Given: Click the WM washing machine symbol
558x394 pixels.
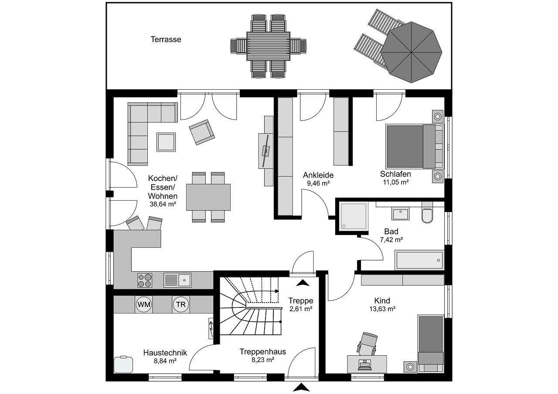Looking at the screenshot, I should click(143, 305).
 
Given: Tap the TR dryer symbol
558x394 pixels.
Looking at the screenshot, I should click(180, 305).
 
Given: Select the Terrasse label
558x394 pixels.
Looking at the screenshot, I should click(166, 40).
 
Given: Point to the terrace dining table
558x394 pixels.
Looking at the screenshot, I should click(268, 46).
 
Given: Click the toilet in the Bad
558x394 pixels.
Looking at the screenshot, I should click(427, 215).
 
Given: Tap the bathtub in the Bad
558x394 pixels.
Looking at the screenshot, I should click(419, 260).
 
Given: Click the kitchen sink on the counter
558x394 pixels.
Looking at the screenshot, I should click(177, 280).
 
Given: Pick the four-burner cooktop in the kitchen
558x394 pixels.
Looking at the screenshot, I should click(145, 280).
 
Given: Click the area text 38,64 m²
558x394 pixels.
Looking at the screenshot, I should click(163, 204).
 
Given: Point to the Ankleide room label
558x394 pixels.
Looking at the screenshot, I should click(318, 175).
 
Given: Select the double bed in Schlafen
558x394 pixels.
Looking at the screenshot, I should click(414, 146).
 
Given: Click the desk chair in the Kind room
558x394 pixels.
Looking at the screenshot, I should click(367, 343).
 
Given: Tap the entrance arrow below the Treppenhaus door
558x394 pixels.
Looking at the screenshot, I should click(301, 387).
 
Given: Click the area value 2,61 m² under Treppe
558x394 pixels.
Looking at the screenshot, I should click(301, 309).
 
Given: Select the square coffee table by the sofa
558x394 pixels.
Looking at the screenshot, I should click(166, 142).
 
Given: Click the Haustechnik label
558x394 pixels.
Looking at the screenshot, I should click(165, 353).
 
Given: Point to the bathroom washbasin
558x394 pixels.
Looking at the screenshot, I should click(400, 214).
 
